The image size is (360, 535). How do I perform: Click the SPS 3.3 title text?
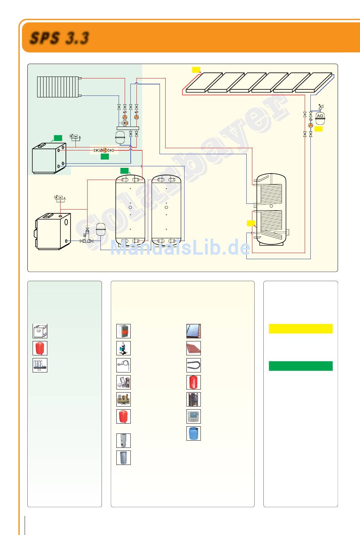tap(59, 38)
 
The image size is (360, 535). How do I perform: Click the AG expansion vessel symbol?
tap(320, 117)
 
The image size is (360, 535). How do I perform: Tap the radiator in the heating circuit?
tap(58, 87)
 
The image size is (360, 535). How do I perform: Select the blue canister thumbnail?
tap(193, 433)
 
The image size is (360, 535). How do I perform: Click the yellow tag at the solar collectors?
tap(196, 69)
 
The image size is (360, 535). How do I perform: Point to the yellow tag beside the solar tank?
tap(251, 223)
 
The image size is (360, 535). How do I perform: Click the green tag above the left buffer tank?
tap(124, 171)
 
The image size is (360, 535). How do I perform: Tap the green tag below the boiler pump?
tap(105, 156)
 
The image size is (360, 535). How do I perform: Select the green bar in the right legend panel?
tap(301, 366)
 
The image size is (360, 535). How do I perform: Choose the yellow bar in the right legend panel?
tap(301, 329)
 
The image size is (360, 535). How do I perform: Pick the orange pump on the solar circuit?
tap(310, 125)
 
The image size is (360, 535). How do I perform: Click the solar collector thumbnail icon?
tap(193, 331)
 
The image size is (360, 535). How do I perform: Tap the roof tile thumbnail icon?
tap(193, 348)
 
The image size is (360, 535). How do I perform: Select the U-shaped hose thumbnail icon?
tap(193, 365)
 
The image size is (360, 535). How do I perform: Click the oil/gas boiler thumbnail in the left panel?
tap(40, 331)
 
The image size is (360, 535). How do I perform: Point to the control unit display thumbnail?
tap(193, 416)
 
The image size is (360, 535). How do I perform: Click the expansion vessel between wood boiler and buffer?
tap(101, 229)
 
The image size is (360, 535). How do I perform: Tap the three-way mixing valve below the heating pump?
tap(125, 123)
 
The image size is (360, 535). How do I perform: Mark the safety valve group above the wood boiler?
tap(59, 198)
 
